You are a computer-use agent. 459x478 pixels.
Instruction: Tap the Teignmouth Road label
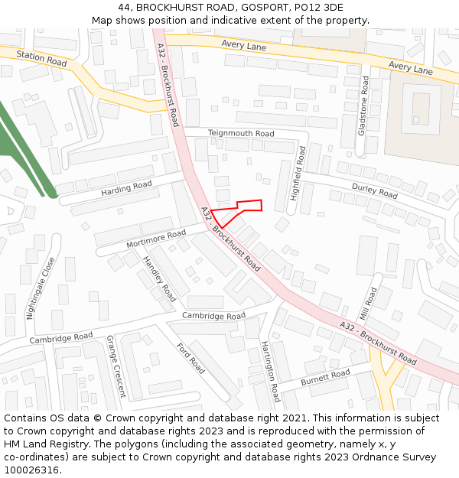click(241, 134)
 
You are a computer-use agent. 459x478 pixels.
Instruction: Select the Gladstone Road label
click(363, 106)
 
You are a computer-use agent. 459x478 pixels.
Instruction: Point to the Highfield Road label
click(298, 174)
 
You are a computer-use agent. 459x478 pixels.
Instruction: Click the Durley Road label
click(375, 190)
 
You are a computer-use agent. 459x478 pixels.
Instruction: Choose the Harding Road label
click(126, 187)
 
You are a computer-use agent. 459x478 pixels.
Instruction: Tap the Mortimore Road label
click(156, 238)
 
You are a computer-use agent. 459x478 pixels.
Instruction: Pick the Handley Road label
click(159, 278)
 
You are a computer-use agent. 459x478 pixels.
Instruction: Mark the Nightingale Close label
click(41, 288)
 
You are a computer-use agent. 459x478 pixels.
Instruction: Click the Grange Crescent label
click(116, 366)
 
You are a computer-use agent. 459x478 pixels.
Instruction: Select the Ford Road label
click(190, 359)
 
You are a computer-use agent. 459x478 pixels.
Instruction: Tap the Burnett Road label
click(324, 377)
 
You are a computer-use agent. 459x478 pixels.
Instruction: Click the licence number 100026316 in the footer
click(31, 470)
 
